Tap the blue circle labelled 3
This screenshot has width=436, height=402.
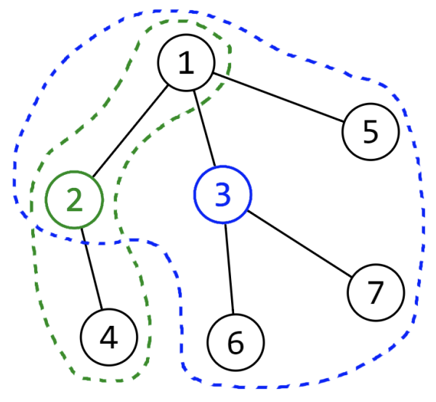[x=223, y=194]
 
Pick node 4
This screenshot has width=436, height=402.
[x=109, y=337]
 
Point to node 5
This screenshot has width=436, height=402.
[x=371, y=131]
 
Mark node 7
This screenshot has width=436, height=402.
[x=376, y=292]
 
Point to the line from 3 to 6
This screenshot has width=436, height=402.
[x=229, y=268]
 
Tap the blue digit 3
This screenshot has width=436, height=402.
[x=223, y=194]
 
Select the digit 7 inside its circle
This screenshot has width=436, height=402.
[x=376, y=292]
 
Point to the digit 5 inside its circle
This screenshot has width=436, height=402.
[x=371, y=131]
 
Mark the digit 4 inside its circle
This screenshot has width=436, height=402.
[x=109, y=337]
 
